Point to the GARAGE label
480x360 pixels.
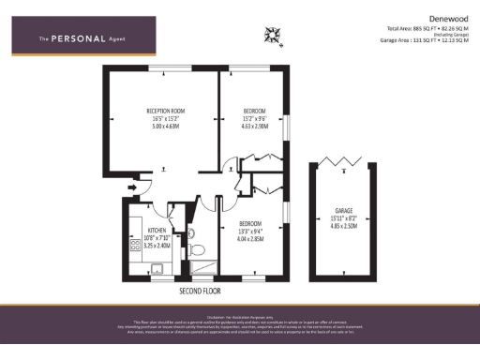344,211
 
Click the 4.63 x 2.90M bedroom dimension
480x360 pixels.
252,126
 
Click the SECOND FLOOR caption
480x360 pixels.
200,292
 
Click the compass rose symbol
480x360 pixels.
275,37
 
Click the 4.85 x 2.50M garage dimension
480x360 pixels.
344,226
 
